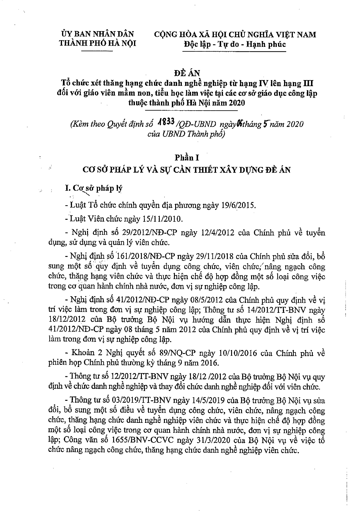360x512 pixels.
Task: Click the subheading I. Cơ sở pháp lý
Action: (94, 188)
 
